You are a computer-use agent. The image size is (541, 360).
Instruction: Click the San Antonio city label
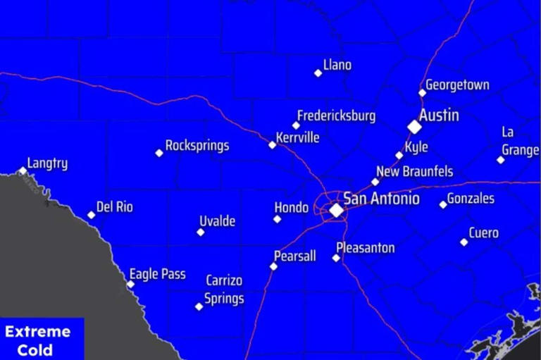[381, 199]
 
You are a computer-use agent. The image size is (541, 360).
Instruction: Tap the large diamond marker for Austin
[414, 127]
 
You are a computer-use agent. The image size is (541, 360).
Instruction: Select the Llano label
[337, 66]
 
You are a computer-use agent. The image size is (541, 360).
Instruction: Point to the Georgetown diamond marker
[423, 92]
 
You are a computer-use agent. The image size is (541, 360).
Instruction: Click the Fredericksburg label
[336, 116]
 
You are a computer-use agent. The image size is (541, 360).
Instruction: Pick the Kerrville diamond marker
[273, 145]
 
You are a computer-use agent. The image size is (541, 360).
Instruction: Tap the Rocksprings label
[197, 146]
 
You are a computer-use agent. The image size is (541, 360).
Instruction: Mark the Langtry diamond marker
[23, 170]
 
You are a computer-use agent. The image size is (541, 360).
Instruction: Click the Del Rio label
[114, 207]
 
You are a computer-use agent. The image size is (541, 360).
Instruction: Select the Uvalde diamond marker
[201, 232]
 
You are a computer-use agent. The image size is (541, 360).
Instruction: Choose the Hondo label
[291, 208]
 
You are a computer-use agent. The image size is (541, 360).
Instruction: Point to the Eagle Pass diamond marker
[130, 285]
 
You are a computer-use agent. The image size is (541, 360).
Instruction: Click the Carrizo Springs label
[224, 290]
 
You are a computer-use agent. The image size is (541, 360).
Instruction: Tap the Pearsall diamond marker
[273, 266]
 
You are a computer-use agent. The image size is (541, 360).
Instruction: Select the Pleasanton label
[365, 248]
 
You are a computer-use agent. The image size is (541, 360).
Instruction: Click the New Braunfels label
[414, 171]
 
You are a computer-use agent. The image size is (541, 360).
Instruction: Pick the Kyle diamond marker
[399, 156]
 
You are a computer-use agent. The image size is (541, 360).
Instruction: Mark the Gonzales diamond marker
[443, 205]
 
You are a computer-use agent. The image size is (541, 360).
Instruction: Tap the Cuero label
[483, 232]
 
